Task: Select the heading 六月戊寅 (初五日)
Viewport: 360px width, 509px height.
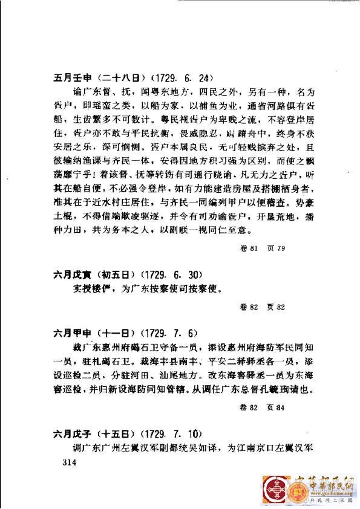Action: (x=88, y=273)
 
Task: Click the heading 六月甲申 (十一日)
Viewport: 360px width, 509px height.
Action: (x=88, y=333)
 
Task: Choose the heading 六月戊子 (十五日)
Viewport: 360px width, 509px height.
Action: (x=88, y=433)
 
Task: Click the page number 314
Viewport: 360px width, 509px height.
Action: (x=62, y=462)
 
